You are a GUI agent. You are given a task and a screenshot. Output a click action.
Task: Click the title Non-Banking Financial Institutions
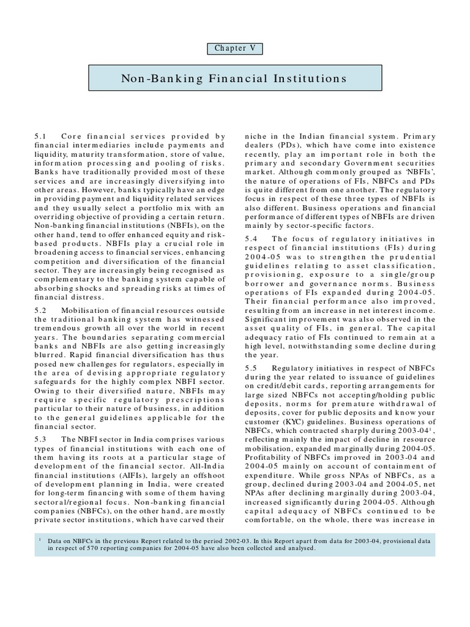[x=235, y=79]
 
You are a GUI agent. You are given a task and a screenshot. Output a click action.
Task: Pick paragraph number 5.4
[x=250, y=238]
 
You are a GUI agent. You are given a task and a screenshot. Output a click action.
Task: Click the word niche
[x=254, y=137]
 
